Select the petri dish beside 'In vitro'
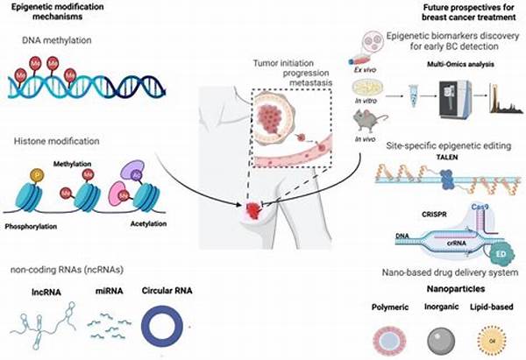(x=372, y=88)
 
